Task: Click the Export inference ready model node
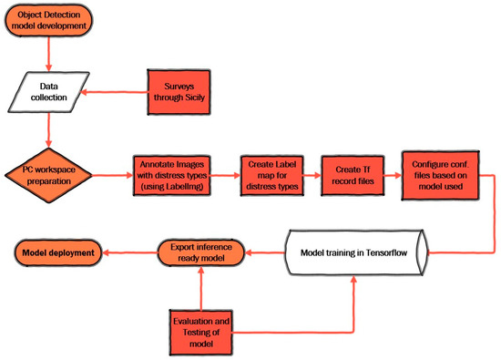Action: [x=199, y=252]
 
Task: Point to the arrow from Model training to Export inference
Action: [x=264, y=252]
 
